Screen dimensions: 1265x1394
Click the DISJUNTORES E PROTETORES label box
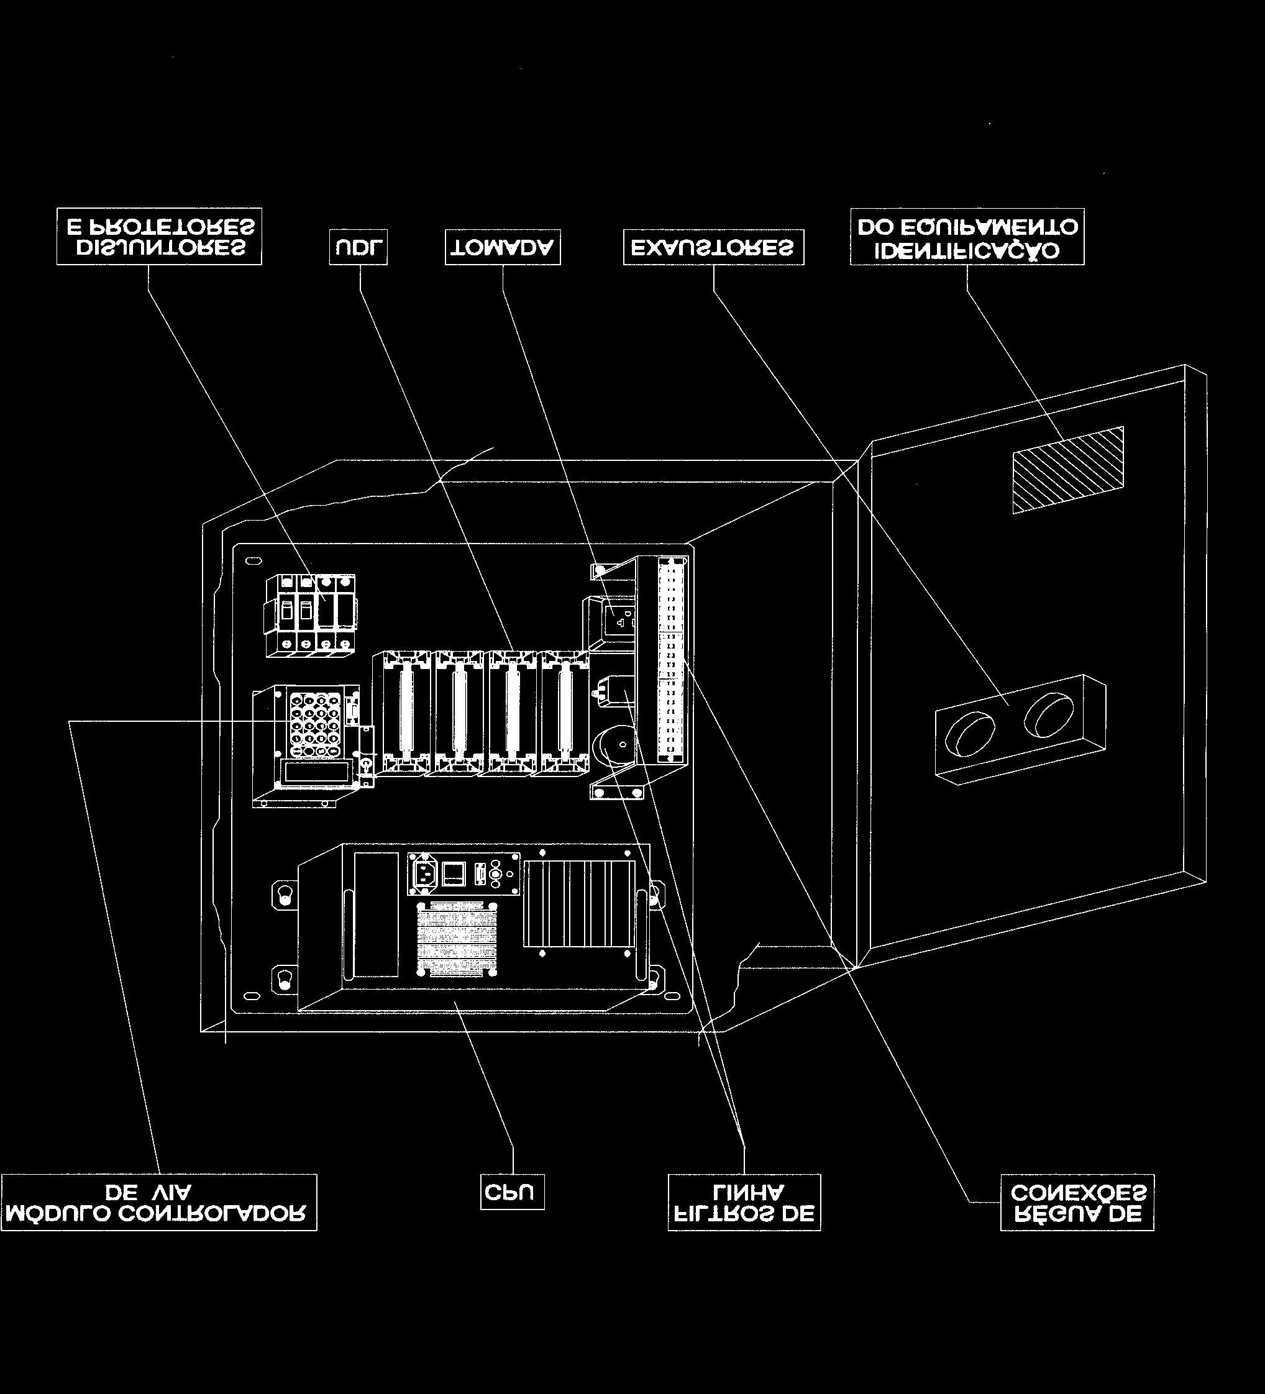(159, 237)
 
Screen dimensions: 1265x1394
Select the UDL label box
(358, 247)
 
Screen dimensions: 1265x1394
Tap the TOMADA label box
(503, 247)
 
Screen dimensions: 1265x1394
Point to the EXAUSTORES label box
(714, 247)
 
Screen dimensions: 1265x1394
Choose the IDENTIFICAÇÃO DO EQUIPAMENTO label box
(967, 237)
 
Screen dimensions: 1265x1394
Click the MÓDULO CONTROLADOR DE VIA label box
(159, 1203)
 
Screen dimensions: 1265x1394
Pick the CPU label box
(513, 1191)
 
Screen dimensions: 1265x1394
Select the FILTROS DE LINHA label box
(744, 1203)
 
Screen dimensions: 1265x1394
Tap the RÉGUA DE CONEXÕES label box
(1077, 1203)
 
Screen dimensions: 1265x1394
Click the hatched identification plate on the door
(1068, 470)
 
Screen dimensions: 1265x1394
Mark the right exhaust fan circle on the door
(1049, 713)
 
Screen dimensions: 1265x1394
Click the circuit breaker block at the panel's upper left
(311, 615)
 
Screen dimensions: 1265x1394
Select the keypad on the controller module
(316, 724)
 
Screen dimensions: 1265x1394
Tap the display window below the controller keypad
(314, 771)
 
